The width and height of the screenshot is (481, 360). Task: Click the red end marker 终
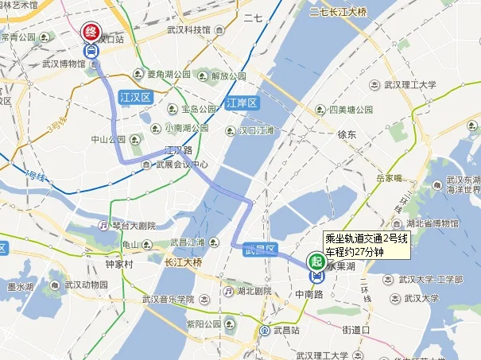(x=91, y=33)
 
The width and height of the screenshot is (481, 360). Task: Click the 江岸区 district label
(x=241, y=103)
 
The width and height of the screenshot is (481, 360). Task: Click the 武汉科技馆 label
(x=188, y=30)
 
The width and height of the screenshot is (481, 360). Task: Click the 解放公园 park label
(x=225, y=76)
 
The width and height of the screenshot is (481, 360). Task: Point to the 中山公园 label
(x=108, y=139)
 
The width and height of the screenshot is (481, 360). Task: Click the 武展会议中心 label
(x=181, y=165)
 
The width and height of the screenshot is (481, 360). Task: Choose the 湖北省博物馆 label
(x=433, y=223)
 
